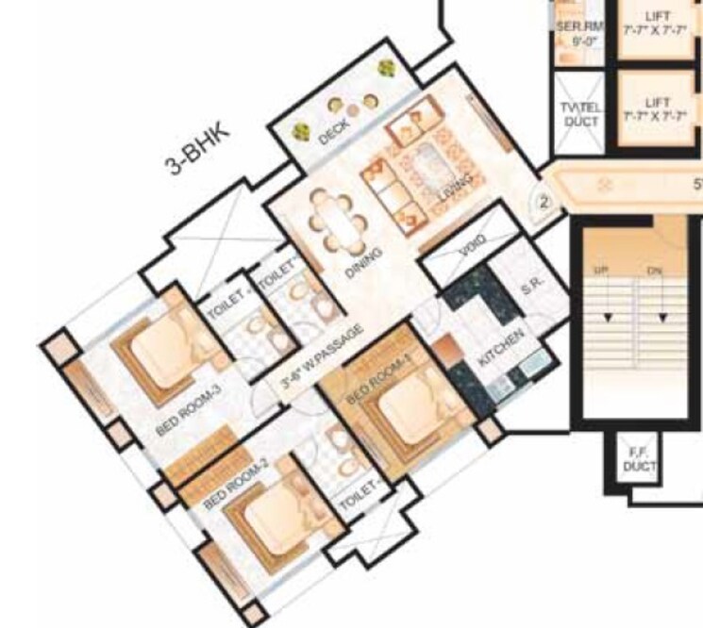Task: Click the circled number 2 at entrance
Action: click(x=544, y=201)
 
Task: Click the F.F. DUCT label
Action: click(x=632, y=461)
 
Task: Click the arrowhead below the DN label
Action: click(x=654, y=317)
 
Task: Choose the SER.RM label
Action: click(x=577, y=35)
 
